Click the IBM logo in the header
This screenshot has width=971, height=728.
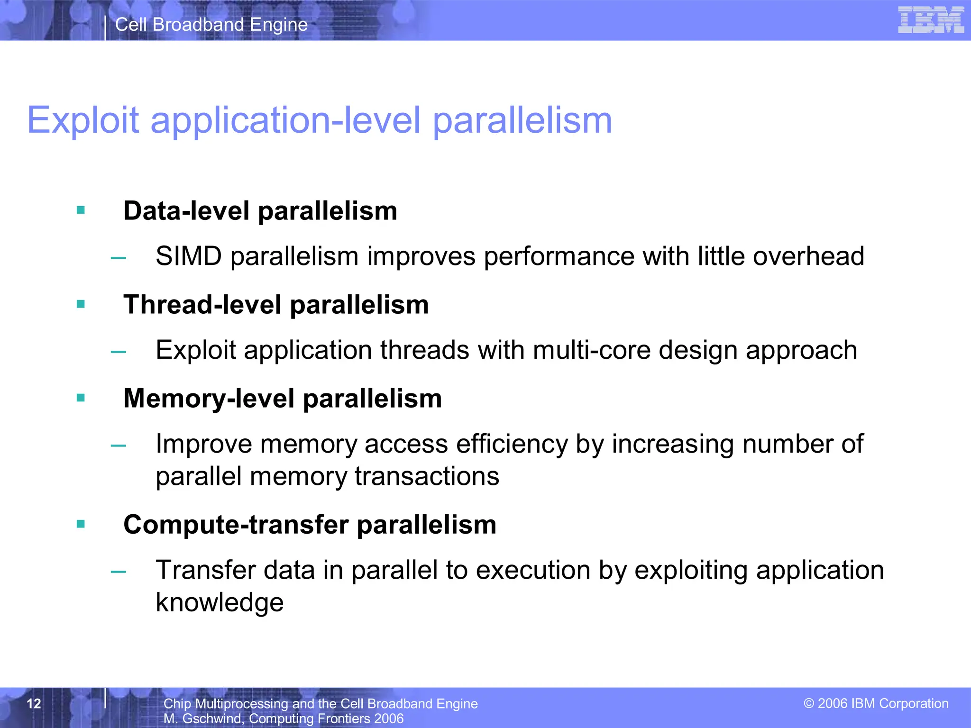931,20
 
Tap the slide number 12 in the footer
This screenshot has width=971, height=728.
34,703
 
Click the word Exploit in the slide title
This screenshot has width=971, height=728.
83,120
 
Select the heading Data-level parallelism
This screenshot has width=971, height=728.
260,211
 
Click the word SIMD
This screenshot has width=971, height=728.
189,256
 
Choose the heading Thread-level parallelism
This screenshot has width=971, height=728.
276,304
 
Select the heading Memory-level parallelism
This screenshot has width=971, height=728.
283,398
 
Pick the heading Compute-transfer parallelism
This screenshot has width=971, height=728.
310,525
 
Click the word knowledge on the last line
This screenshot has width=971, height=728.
220,602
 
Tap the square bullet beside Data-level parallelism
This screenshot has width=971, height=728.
81,210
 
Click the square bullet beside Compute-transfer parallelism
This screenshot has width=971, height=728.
81,524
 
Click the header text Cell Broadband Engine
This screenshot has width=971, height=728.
211,25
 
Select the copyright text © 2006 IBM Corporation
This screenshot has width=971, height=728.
876,703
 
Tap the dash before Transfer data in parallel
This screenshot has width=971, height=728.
118,572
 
